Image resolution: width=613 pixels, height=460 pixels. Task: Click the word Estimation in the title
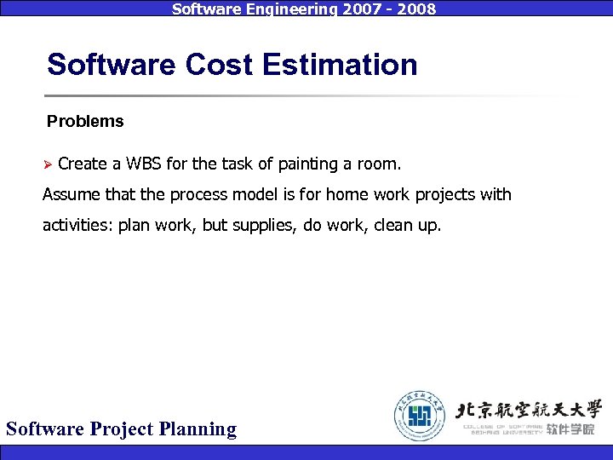tap(341, 65)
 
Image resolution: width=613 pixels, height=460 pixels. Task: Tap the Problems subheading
tap(85, 122)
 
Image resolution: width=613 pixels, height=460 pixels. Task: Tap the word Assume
tap(71, 195)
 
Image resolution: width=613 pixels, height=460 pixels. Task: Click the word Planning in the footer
tap(198, 428)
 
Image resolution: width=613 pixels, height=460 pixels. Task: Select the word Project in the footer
tap(122, 428)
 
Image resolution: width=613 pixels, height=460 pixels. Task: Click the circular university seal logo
tap(419, 416)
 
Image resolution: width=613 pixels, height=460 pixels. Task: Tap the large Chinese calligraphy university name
tap(529, 408)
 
